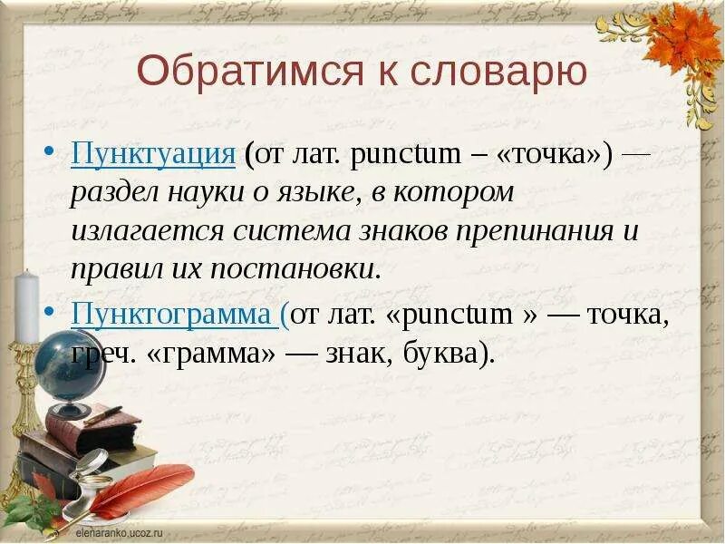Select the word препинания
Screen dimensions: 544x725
526,231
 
